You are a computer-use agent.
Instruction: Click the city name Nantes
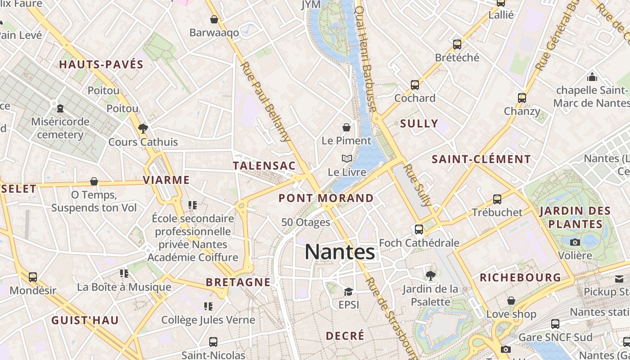tap(340, 252)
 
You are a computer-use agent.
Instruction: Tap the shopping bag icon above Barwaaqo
tap(214, 19)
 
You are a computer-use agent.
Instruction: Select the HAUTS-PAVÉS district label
tap(101, 64)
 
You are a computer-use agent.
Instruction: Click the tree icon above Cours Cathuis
tap(143, 129)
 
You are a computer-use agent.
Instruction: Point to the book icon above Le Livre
tap(346, 158)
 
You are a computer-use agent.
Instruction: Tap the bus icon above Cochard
tap(415, 85)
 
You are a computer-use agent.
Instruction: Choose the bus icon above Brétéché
tap(457, 44)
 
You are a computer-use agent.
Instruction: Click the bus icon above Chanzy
tap(522, 98)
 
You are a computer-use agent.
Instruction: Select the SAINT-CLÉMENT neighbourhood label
tap(481, 159)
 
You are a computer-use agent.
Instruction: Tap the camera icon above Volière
tap(575, 242)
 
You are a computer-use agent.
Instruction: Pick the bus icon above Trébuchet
tap(497, 199)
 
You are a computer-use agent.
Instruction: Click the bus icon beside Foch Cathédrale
tap(419, 229)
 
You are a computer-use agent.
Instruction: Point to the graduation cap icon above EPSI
tap(348, 292)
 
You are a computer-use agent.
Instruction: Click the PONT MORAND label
tap(326, 198)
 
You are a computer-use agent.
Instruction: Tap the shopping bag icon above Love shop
tap(511, 300)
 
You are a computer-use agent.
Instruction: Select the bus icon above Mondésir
tap(33, 277)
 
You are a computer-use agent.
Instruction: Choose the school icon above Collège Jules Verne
tap(208, 306)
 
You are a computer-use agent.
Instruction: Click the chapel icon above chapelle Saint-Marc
tap(592, 76)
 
